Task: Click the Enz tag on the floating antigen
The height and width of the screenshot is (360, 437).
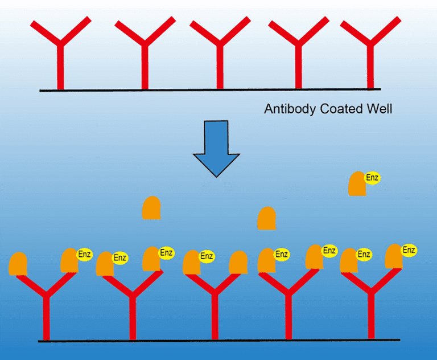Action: [372, 178]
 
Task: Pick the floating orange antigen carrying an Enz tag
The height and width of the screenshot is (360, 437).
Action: [357, 185]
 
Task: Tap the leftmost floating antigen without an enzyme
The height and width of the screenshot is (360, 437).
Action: [151, 208]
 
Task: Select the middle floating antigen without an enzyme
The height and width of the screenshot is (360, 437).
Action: [266, 219]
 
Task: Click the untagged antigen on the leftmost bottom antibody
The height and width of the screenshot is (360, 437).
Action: [18, 264]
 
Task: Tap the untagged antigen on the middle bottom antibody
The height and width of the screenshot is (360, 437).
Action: [238, 263]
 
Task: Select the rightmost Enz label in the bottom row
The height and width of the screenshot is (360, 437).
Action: [409, 250]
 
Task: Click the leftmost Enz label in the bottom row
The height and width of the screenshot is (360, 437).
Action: [84, 253]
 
